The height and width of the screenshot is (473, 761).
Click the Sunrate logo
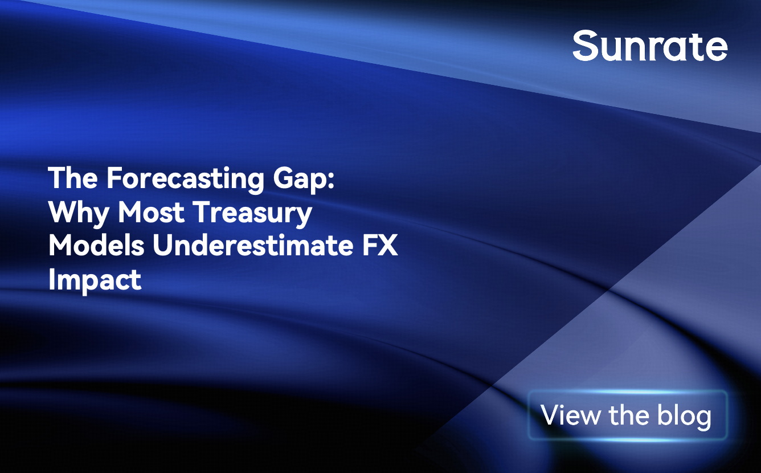[650, 45]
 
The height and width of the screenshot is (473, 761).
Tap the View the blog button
[628, 415]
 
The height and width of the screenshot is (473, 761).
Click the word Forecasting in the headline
[185, 180]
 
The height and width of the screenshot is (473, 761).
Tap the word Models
[96, 245]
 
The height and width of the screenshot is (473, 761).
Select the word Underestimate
[253, 245]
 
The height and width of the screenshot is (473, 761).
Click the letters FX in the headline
[380, 246]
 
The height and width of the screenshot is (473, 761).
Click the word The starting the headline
[73, 177]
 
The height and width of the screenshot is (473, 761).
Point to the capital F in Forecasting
[114, 178]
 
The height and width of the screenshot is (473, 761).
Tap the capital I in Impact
[51, 279]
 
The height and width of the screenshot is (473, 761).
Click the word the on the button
[628, 414]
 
